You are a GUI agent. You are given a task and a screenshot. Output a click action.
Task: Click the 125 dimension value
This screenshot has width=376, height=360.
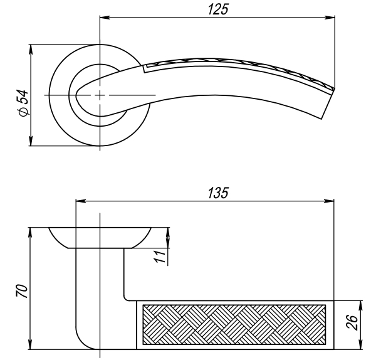[x=217, y=9]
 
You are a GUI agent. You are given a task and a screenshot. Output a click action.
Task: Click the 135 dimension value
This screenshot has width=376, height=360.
[x=218, y=193]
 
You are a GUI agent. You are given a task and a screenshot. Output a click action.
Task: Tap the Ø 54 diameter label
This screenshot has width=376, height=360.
[x=23, y=103]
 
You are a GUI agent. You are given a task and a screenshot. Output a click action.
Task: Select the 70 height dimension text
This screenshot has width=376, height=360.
[x=22, y=291]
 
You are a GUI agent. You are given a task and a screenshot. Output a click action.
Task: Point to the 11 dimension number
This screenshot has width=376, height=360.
[x=160, y=256]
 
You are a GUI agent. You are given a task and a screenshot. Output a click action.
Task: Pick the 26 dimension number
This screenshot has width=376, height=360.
[x=352, y=322]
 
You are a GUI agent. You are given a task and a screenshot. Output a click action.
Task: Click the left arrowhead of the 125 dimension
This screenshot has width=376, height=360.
[x=105, y=18]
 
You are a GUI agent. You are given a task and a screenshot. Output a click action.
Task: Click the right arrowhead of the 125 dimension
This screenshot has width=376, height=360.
[x=330, y=18]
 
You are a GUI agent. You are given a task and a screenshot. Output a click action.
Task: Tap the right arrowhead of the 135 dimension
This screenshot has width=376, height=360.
[x=328, y=201]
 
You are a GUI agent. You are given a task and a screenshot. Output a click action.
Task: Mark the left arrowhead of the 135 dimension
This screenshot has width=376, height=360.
[x=81, y=201]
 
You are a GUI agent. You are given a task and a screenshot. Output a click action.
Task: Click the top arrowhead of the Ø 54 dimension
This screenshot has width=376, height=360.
[x=31, y=50]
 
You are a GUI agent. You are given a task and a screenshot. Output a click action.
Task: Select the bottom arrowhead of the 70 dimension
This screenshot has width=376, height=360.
[x=30, y=344]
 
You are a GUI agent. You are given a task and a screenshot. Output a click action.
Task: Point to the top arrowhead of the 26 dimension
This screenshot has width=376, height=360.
[x=360, y=305]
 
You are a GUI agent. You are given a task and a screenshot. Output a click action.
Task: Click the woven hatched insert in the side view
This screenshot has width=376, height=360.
[x=234, y=324]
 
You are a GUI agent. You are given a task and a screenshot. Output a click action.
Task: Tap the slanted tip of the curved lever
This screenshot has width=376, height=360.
[x=328, y=103]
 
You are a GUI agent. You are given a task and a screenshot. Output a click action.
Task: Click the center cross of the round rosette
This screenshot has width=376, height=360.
[x=100, y=95]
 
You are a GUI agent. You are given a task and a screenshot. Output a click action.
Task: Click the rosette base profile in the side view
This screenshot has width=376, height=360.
[x=100, y=238]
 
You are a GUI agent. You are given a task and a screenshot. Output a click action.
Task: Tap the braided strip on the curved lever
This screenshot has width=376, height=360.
[x=240, y=68]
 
